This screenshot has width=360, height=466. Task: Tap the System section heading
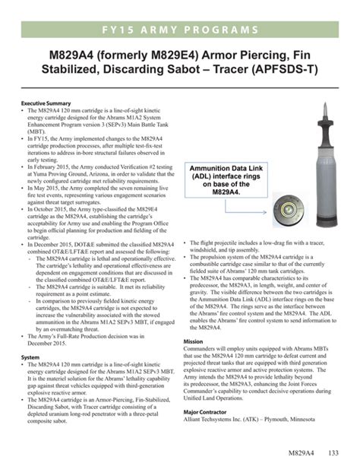point(30,357)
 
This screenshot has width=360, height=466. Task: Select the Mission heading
point(194,341)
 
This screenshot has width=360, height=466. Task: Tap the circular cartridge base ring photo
point(311,208)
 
